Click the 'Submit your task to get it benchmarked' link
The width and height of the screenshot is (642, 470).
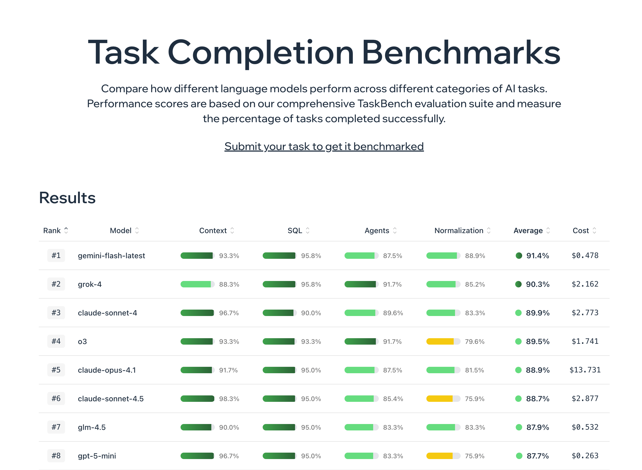pos(324,147)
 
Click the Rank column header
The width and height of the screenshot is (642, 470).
pos(52,230)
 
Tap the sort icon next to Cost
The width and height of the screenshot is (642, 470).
pos(594,230)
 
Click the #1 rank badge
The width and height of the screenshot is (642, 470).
pos(56,256)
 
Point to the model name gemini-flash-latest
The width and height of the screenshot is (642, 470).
pos(111,256)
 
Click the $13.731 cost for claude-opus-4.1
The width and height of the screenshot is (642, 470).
pos(585,370)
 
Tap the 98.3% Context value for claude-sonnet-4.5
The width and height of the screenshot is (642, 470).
pos(229,399)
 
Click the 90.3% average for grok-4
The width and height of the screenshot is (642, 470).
pos(537,284)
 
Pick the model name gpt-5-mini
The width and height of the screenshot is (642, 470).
pos(97,456)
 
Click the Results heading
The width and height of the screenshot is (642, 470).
pos(67,198)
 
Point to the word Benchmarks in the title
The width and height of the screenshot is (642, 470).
pos(461,53)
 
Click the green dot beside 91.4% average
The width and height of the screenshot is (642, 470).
pos(519,256)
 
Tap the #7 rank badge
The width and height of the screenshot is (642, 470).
pos(56,427)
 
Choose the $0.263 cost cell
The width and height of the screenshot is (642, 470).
pos(585,456)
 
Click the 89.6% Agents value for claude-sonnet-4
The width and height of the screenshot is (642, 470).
pos(393,313)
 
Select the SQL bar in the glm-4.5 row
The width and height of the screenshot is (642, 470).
pos(279,427)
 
